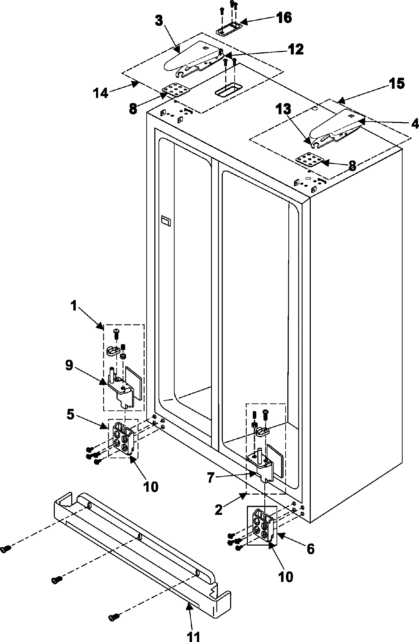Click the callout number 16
[284, 17]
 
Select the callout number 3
[159, 21]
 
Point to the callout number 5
[70, 416]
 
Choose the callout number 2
[218, 511]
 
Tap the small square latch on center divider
[165, 221]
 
